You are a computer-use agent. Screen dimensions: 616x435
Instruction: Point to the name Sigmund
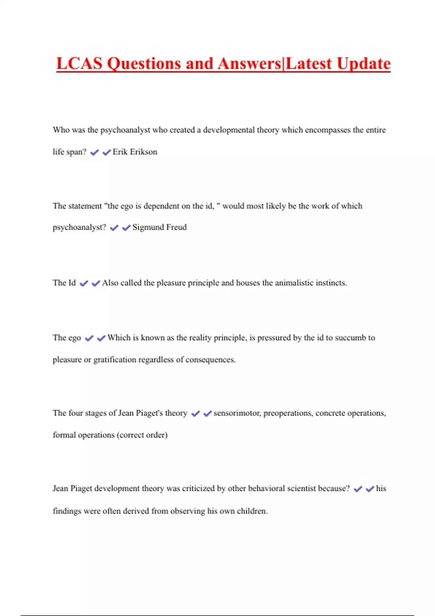click(148, 227)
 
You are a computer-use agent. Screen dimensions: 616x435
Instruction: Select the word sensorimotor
click(237, 413)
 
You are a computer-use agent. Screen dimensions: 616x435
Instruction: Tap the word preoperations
click(288, 413)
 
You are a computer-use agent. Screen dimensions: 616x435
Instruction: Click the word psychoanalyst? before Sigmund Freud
click(79, 227)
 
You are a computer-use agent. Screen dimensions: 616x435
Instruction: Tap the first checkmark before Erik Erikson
click(94, 153)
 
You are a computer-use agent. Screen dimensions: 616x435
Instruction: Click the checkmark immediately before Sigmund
click(126, 228)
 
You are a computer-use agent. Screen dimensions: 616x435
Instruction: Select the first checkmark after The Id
click(84, 283)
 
